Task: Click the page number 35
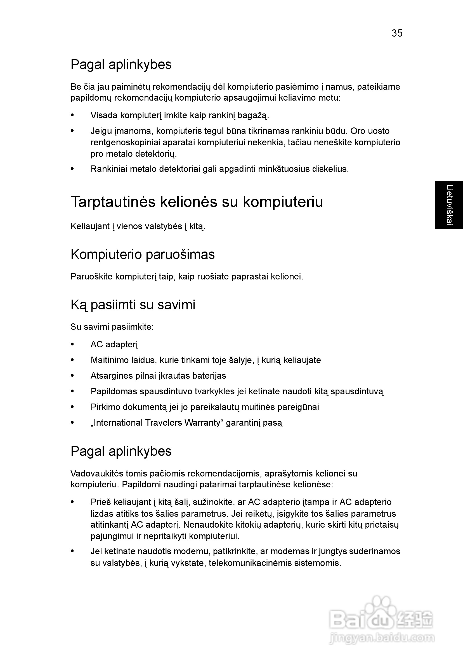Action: tap(397, 34)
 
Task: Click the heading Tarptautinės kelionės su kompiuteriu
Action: tap(197, 202)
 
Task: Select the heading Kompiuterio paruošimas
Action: tap(143, 255)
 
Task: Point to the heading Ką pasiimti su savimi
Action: tap(133, 305)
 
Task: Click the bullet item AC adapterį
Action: tap(114, 344)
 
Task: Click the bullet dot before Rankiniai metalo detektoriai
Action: tap(72, 169)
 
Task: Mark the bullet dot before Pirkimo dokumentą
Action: tap(72, 407)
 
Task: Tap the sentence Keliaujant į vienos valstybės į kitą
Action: tap(138, 226)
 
